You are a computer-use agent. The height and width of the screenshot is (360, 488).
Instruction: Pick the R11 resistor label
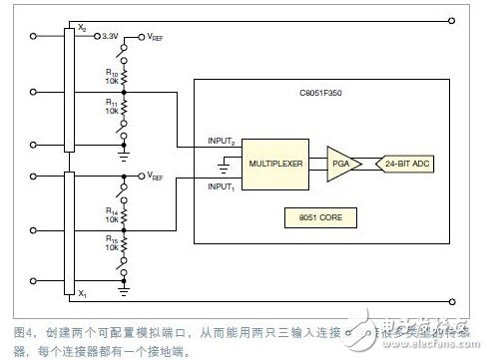coord(112,105)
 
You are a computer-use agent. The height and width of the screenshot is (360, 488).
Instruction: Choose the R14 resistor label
coord(112,213)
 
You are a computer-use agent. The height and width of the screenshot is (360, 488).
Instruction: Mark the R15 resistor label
coord(112,244)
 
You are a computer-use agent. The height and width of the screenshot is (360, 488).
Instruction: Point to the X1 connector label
coord(81,295)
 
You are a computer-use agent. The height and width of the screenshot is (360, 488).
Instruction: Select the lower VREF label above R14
coord(157,176)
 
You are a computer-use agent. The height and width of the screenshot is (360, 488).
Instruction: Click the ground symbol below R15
coord(125,291)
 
